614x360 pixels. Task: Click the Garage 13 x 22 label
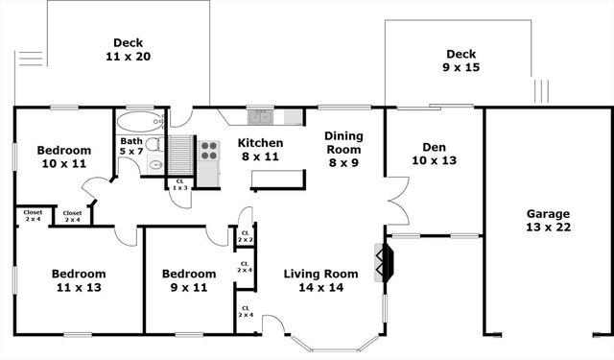(548, 221)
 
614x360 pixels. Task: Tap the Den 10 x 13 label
(434, 154)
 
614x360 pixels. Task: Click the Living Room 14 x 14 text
(320, 280)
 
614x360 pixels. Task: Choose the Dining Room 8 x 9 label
(342, 149)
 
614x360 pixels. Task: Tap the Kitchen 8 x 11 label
(260, 150)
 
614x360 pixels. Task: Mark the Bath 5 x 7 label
(130, 146)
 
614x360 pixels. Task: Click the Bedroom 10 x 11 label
(63, 156)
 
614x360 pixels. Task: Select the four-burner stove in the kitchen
(208, 152)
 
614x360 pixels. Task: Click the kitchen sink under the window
(261, 117)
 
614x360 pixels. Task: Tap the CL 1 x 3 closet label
(179, 184)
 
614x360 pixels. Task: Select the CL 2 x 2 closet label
(246, 235)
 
